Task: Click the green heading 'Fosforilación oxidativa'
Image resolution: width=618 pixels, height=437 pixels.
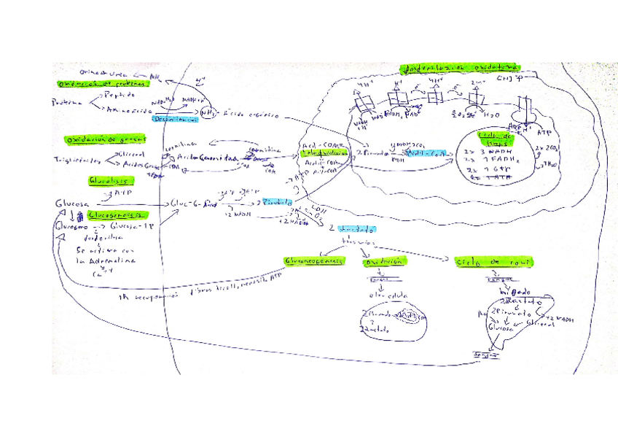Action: coord(460,68)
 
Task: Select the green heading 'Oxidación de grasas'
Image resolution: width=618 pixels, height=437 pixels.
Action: coord(106,139)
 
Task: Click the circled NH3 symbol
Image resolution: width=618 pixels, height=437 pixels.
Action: coord(208,113)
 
